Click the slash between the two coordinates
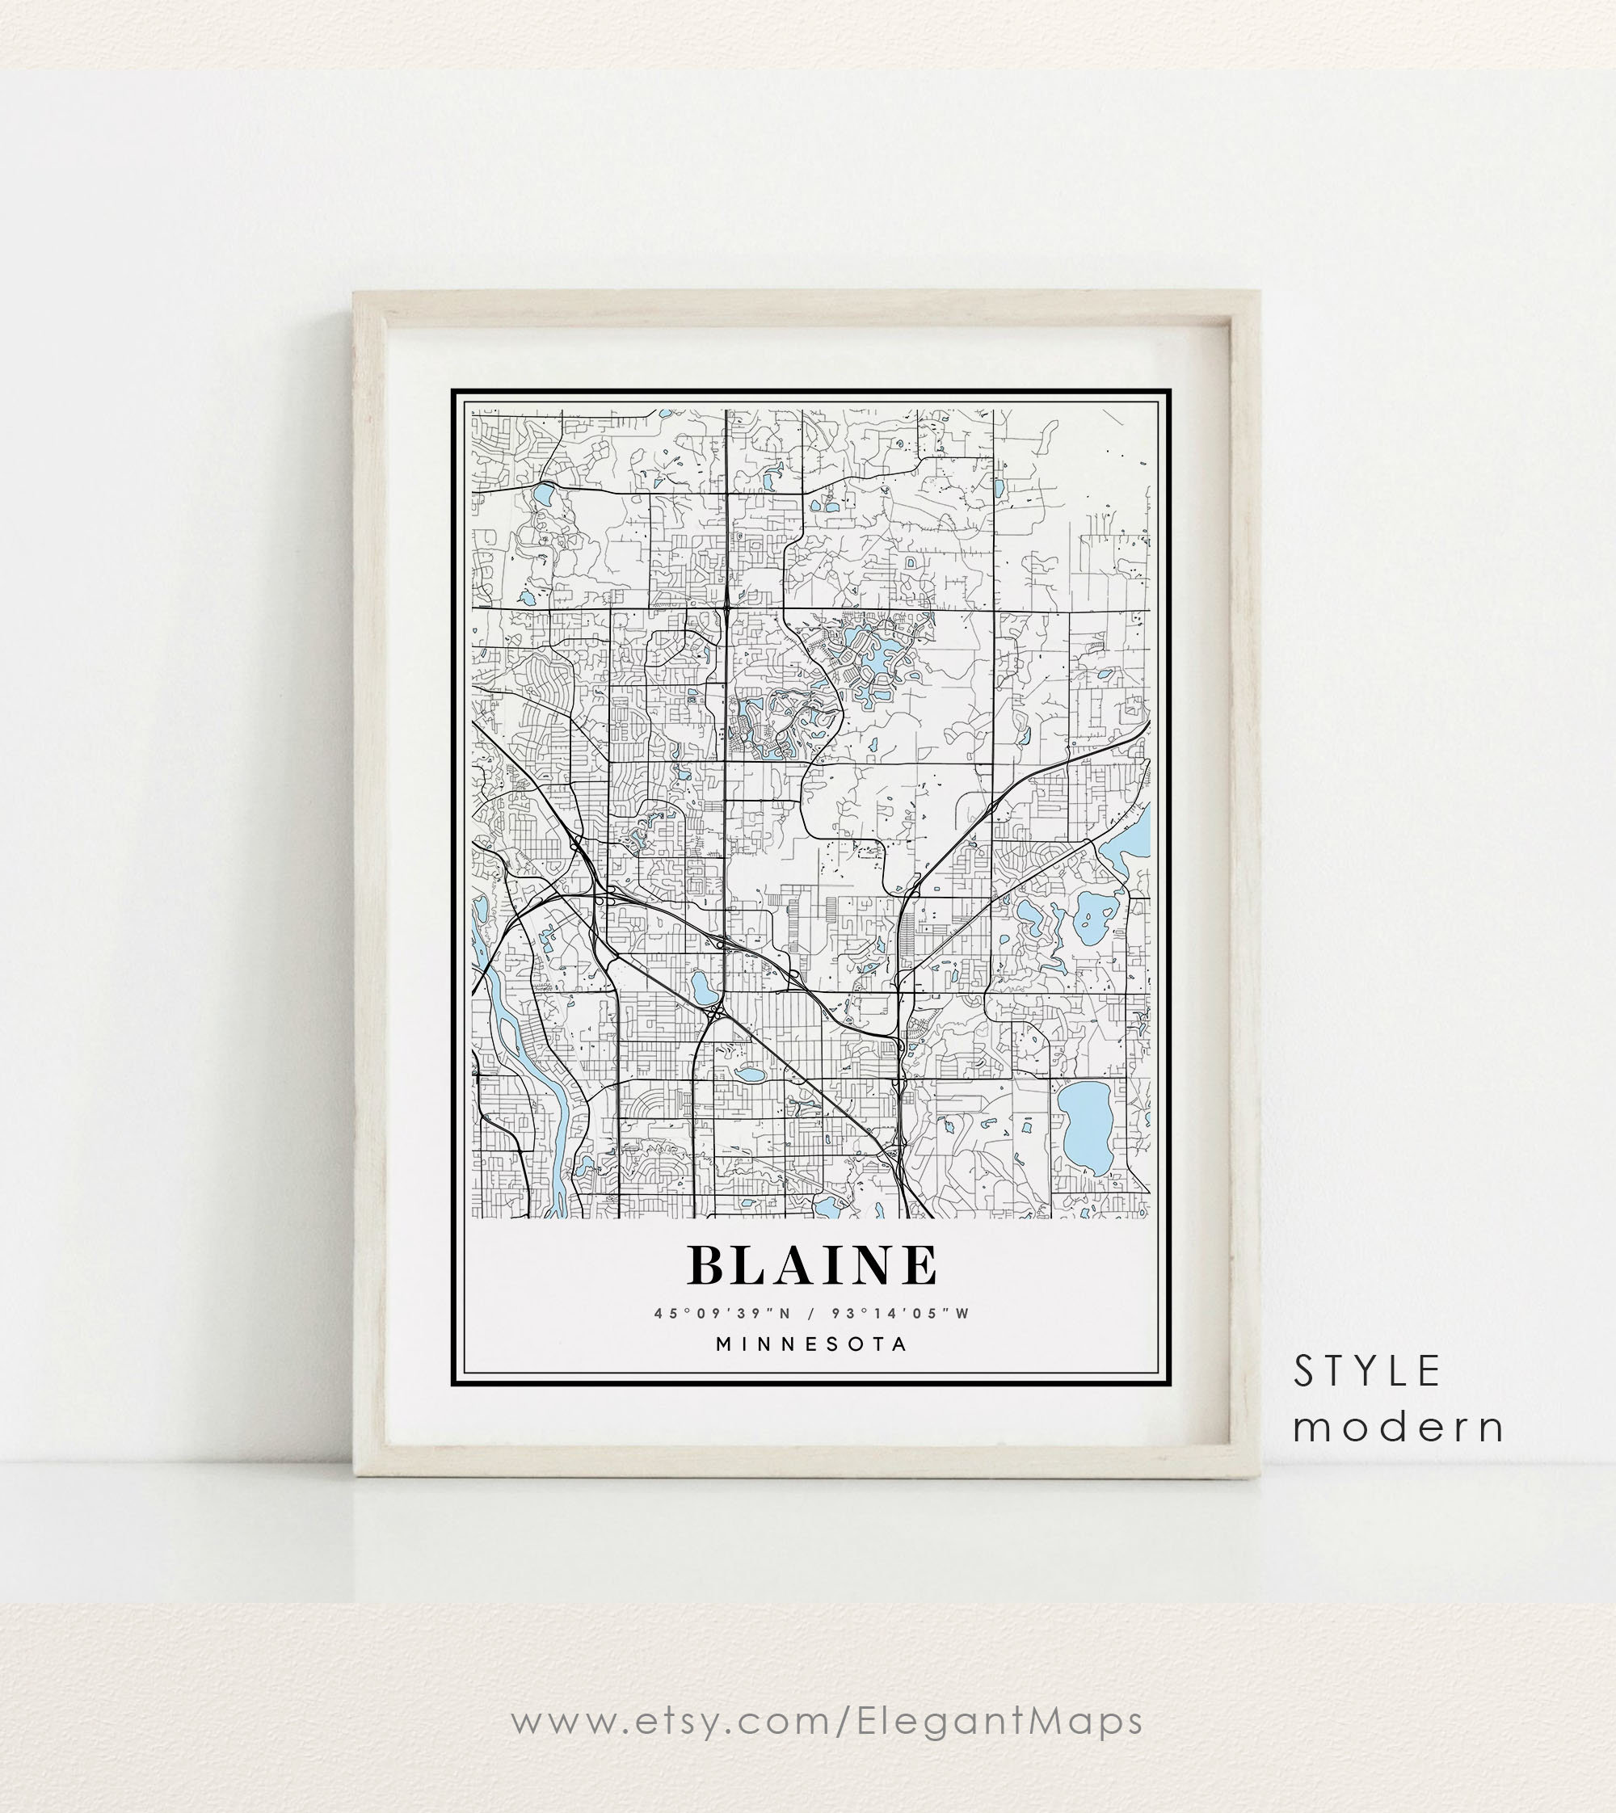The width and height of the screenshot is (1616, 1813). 811,1313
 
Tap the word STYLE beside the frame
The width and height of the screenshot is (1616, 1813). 1366,1372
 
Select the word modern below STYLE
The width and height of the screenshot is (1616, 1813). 1399,1427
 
